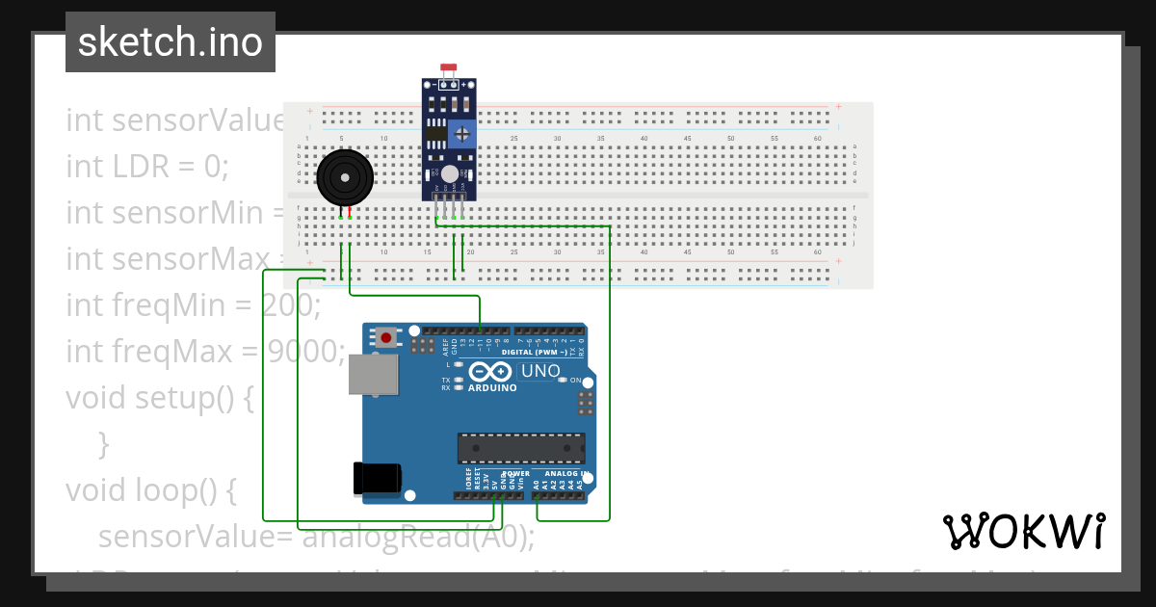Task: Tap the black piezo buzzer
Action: coord(344,178)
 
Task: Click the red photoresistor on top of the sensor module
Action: coord(448,69)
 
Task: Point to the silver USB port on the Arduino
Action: coord(372,375)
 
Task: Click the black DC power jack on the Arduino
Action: coord(376,478)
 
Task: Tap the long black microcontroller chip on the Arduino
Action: coord(520,447)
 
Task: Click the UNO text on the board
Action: coord(540,371)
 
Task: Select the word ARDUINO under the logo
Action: coord(492,387)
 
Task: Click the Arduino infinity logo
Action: coord(492,372)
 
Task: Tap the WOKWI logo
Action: coord(1023,531)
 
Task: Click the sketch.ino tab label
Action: coord(171,42)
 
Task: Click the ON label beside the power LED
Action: coord(575,381)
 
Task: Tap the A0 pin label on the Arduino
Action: coord(537,485)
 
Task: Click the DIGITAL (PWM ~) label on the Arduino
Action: coord(537,353)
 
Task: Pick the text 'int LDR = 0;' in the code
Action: coord(147,167)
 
